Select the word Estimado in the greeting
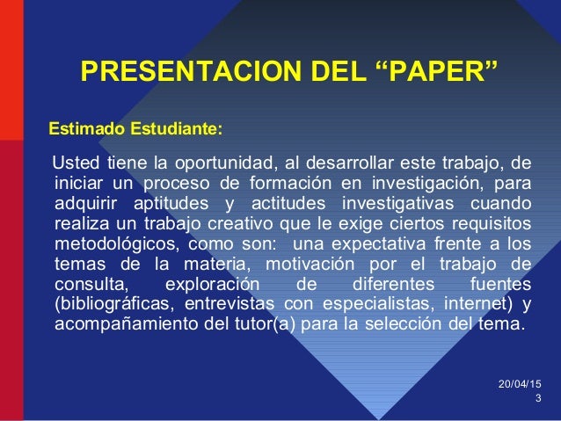coord(86,130)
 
